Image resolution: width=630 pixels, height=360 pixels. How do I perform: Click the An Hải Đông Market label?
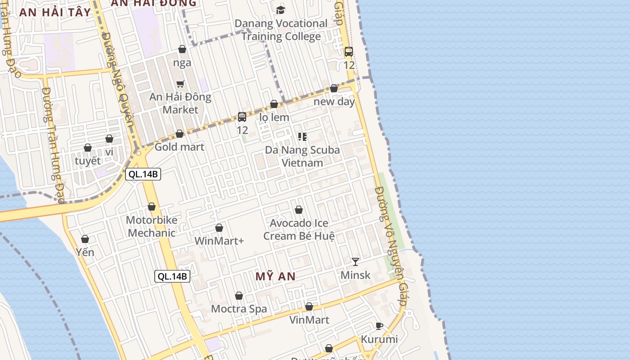pos(180,103)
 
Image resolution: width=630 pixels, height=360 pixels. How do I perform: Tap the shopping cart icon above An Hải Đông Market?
pos(180,83)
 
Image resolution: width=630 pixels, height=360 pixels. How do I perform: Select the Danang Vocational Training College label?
pos(281,30)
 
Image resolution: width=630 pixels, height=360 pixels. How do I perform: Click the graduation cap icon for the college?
pos(280,10)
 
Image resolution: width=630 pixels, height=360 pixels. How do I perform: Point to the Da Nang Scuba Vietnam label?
pos(302,156)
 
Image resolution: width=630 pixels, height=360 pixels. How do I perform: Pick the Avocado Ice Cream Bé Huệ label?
pos(299,229)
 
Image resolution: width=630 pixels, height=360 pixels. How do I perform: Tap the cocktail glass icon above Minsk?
pos(355,261)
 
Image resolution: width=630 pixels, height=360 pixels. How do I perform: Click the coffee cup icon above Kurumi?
pos(379,326)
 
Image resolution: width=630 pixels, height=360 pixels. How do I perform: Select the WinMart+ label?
pos(219,241)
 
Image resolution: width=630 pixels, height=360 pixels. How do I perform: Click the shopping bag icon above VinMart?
pos(309,306)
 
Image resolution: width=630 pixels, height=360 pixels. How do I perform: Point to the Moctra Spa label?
pos(239,309)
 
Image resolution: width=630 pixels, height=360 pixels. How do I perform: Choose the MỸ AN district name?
pos(275,276)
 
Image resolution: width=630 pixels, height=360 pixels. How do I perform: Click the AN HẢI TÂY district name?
pos(55,12)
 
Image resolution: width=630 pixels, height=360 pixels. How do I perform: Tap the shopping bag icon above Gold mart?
pos(180,134)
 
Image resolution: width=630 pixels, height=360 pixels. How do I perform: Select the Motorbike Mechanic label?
pos(152,226)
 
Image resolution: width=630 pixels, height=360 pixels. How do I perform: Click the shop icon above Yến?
pos(85,239)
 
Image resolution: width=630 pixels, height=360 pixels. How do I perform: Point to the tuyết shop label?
pos(88,161)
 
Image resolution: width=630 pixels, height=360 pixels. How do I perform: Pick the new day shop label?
pos(334,101)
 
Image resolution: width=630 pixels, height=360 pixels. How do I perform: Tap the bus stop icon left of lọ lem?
pos(242,117)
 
